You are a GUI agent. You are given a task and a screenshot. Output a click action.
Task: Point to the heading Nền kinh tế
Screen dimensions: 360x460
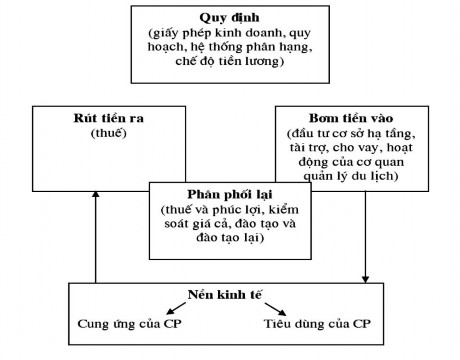(221, 297)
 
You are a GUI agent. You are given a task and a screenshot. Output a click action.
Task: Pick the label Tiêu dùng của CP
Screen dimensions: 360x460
(319, 325)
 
